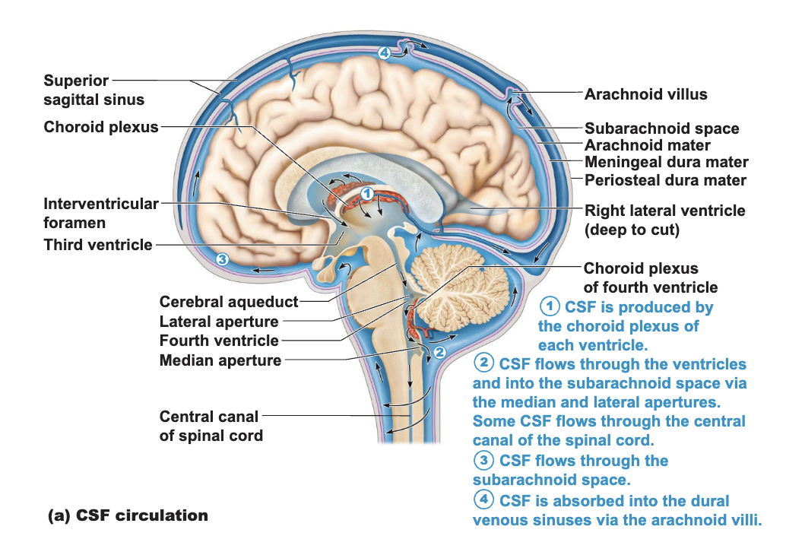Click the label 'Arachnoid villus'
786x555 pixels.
pos(645,94)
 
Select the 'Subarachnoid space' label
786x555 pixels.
pos(661,128)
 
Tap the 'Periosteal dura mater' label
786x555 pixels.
pos(665,180)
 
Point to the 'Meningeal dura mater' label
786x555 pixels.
pos(666,162)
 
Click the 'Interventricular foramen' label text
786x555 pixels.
pos(101,213)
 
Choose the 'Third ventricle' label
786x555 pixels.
pos(98,245)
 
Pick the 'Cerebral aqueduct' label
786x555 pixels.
pos(229,302)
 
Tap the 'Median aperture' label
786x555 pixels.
pos(220,360)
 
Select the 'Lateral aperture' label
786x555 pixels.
pos(219,322)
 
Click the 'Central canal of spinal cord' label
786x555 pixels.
pos(211,427)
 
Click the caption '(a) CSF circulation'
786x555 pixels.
pos(128,515)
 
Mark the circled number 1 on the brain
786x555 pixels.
pos(367,194)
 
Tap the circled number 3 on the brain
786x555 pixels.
pos(222,259)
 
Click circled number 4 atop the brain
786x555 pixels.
pos(384,52)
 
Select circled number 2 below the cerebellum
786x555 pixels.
pos(439,352)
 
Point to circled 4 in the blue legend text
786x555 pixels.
pos(483,499)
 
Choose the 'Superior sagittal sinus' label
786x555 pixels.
pos(93,90)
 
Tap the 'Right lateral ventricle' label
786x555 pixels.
pos(664,220)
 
